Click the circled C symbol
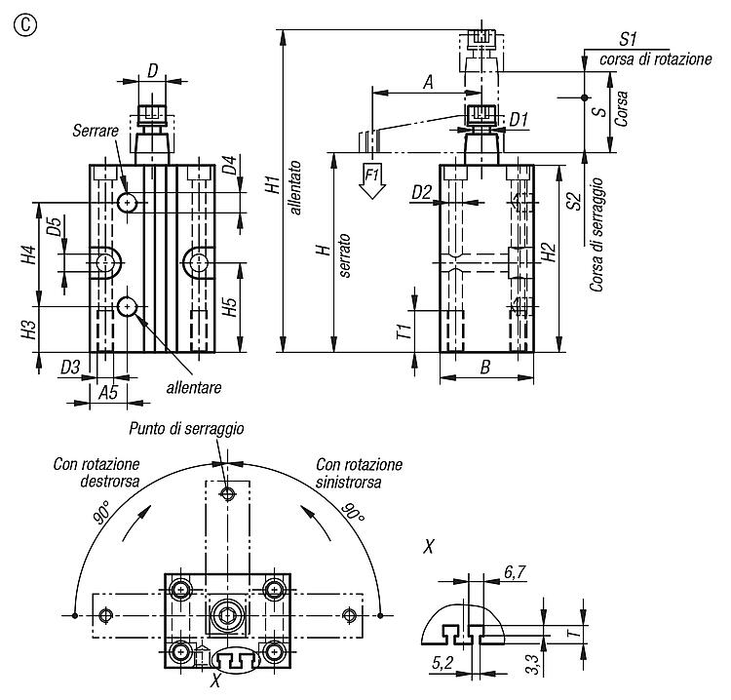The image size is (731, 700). tap(25, 25)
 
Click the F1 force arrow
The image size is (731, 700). tap(372, 181)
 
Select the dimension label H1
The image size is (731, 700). tap(273, 183)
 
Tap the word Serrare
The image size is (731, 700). tap(96, 131)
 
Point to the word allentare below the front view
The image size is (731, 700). tap(194, 388)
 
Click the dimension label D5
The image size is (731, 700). tap(54, 226)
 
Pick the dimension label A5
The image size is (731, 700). tap(108, 393)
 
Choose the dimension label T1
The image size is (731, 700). tap(404, 331)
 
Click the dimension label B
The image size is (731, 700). tap(485, 367)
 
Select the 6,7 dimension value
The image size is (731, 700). tap(515, 571)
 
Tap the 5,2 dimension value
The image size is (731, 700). tap(442, 663)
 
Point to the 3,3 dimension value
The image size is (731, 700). tap(533, 665)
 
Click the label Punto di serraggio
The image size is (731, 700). tap(186, 429)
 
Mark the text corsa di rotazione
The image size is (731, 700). tap(656, 59)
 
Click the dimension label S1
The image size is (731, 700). tap(628, 39)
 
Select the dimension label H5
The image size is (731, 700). tap(229, 306)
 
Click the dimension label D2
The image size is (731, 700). tap(421, 192)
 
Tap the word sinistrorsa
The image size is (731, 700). tap(348, 482)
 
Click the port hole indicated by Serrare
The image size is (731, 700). tap(127, 203)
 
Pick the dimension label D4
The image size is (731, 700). tap(229, 165)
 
